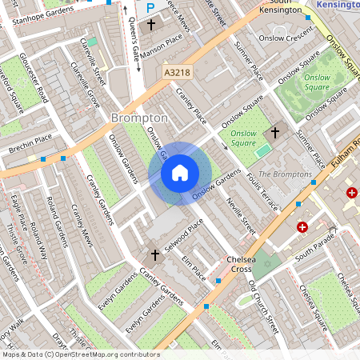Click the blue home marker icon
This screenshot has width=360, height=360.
click(179, 173)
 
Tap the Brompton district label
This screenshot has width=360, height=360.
click(139, 118)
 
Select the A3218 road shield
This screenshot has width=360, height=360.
click(177, 72)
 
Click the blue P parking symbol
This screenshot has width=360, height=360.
click(150, 8)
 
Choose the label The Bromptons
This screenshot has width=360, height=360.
click(285, 174)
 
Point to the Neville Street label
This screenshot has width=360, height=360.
click(241, 216)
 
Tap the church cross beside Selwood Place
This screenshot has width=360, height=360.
click(155, 254)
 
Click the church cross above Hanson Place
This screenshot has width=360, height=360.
click(151, 25)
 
